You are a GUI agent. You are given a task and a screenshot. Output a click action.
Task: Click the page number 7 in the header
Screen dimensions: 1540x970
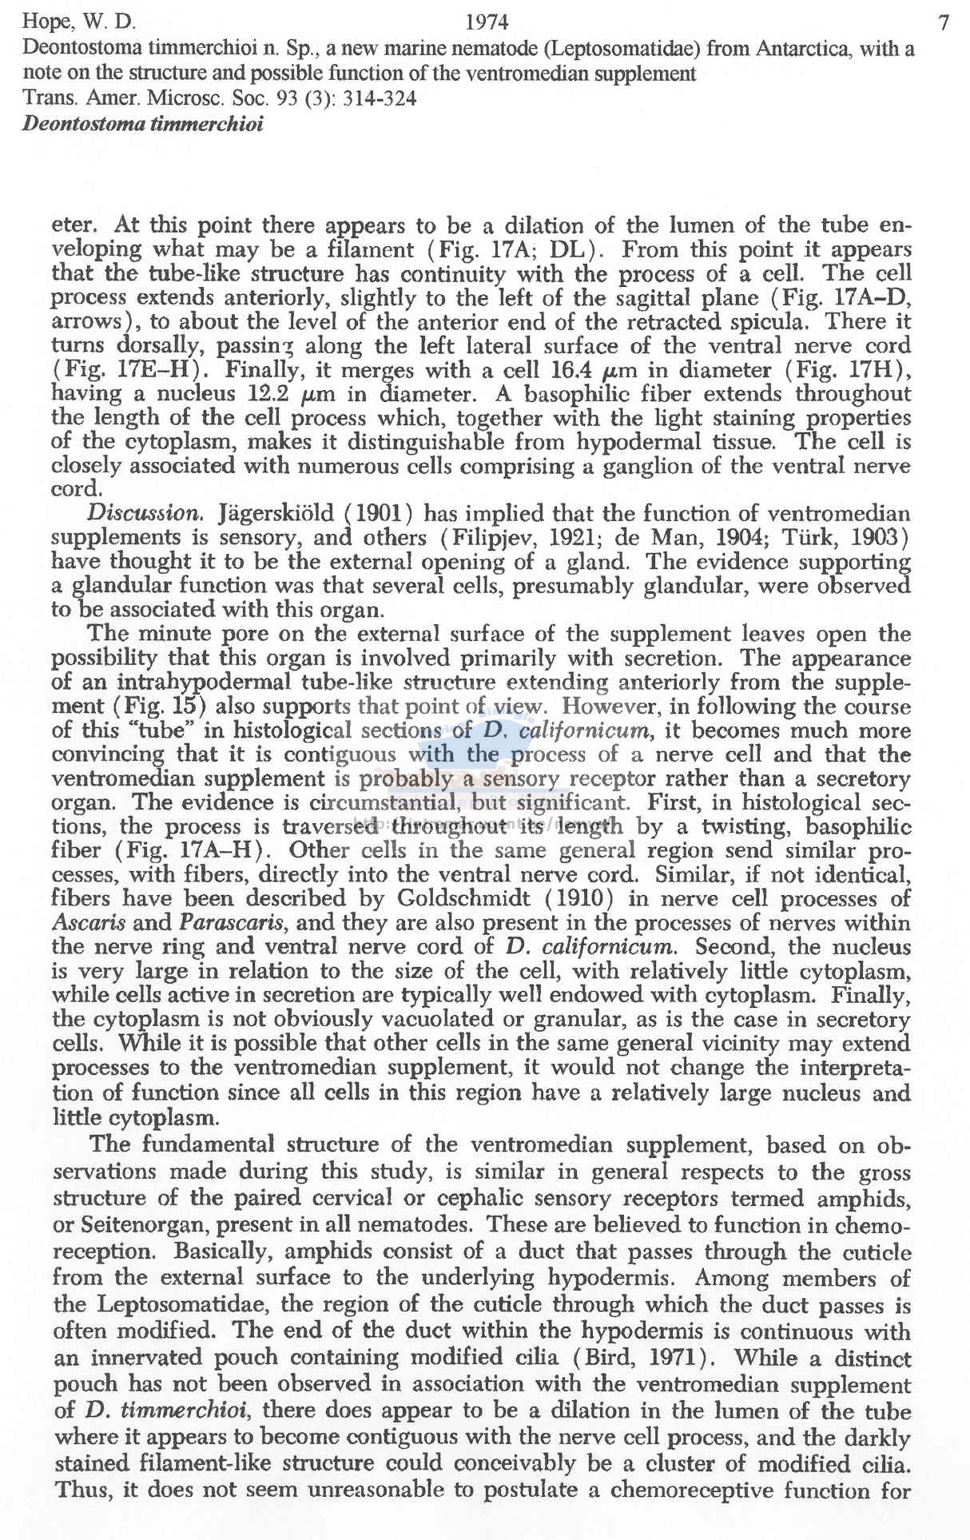(944, 23)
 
